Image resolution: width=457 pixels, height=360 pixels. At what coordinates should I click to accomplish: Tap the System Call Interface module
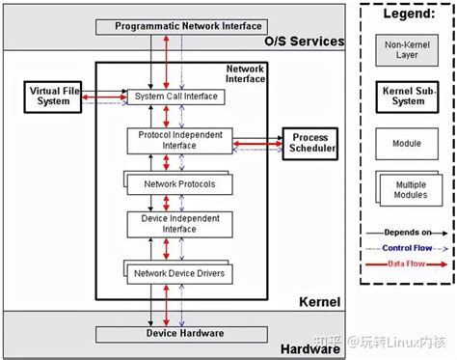click(x=175, y=97)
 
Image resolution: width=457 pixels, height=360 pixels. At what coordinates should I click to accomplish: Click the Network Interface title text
click(x=245, y=74)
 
